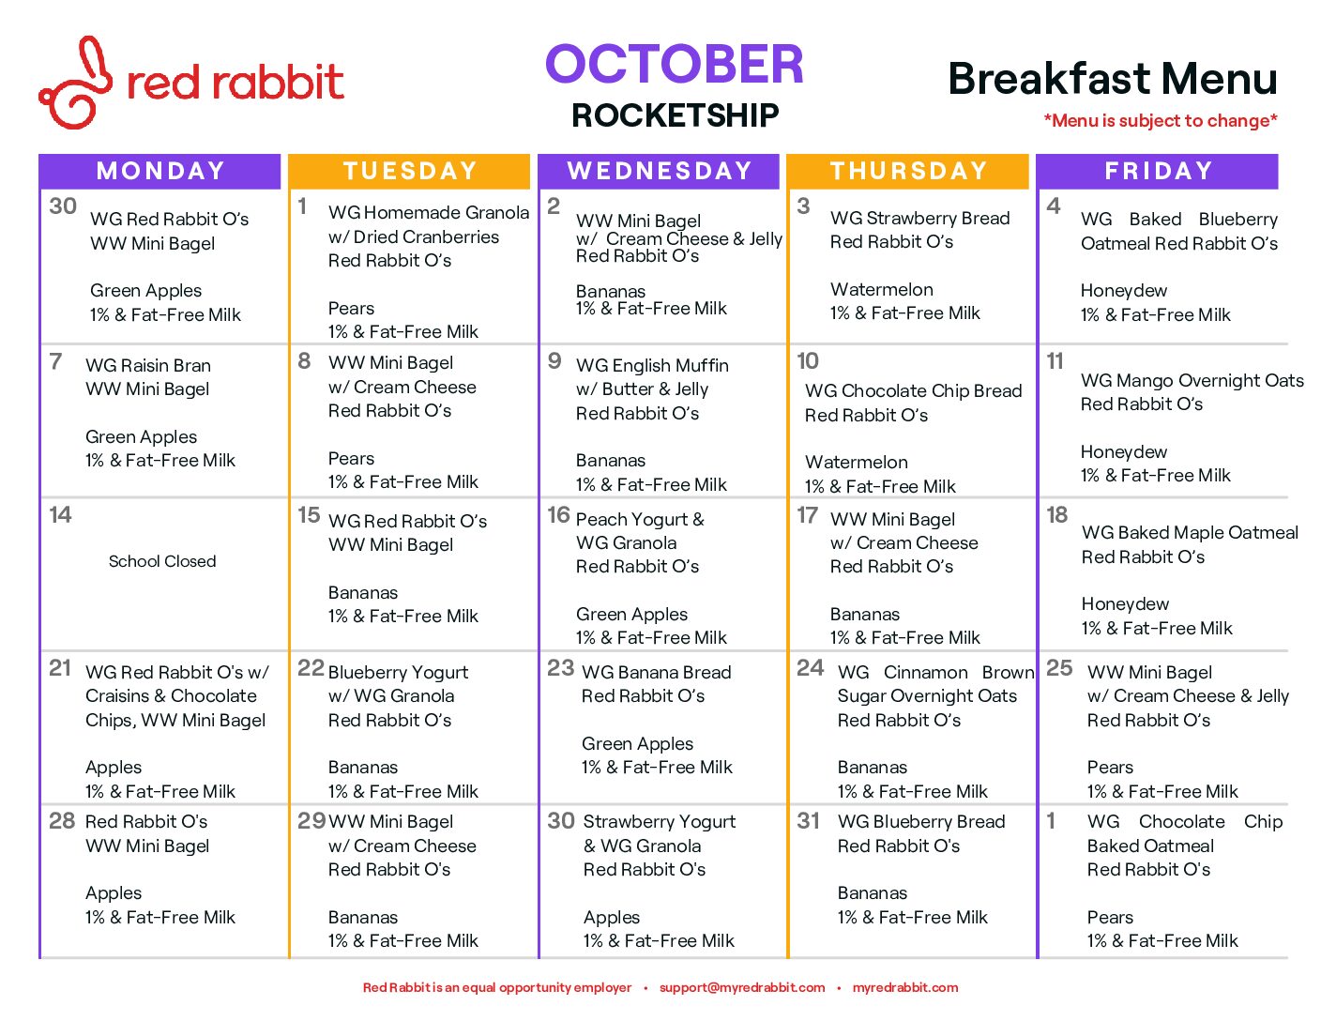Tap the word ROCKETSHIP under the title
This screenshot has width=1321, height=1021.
click(x=675, y=115)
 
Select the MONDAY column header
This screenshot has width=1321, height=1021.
click(x=160, y=171)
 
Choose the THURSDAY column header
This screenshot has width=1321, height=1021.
click(x=908, y=171)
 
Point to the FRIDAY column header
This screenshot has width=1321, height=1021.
click(x=1158, y=171)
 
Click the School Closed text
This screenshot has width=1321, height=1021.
click(x=162, y=560)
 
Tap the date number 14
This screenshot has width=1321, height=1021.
click(x=60, y=515)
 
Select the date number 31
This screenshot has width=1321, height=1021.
click(x=808, y=821)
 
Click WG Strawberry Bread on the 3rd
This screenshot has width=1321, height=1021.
click(x=919, y=218)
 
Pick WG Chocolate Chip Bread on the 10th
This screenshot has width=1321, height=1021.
click(x=913, y=390)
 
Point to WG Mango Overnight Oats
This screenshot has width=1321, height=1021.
click(x=1192, y=381)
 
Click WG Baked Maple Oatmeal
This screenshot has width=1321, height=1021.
click(x=1190, y=533)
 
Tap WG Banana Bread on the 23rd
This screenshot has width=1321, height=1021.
click(x=657, y=672)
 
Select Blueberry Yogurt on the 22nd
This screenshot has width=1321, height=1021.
click(x=398, y=672)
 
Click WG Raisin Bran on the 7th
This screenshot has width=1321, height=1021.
click(x=148, y=365)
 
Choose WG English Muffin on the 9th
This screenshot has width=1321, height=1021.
click(x=652, y=365)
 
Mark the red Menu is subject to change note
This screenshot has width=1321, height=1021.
click(x=1161, y=120)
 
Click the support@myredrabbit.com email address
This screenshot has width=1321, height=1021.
click(x=742, y=987)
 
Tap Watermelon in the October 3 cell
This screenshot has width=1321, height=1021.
click(x=882, y=289)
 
